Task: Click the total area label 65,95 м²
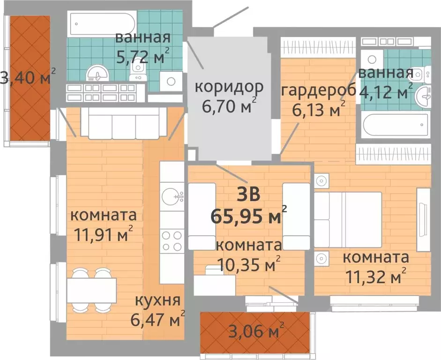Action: [248, 217]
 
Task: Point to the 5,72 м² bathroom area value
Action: [142, 57]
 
